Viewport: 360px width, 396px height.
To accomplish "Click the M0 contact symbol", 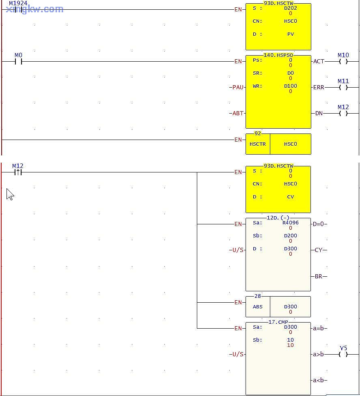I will (18, 62).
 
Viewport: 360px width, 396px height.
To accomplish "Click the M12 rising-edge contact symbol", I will (18, 172).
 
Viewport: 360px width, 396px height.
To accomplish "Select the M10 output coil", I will (343, 62).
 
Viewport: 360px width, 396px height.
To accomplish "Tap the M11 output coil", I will (343, 88).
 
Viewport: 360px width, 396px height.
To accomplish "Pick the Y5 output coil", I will (343, 355).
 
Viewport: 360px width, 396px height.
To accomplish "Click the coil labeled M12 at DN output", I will (343, 114).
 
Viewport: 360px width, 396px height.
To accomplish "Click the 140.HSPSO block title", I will (278, 55).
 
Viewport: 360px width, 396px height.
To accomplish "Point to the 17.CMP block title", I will (278, 322).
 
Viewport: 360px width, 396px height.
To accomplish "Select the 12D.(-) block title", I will (278, 218).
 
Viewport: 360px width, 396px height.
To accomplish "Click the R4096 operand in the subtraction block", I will (290, 223).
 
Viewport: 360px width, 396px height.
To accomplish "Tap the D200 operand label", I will (290, 236).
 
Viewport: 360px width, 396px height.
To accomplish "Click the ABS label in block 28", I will (258, 307).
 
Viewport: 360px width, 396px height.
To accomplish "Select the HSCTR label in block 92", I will (258, 144).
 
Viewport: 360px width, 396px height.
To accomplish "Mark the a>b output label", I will (318, 355).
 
